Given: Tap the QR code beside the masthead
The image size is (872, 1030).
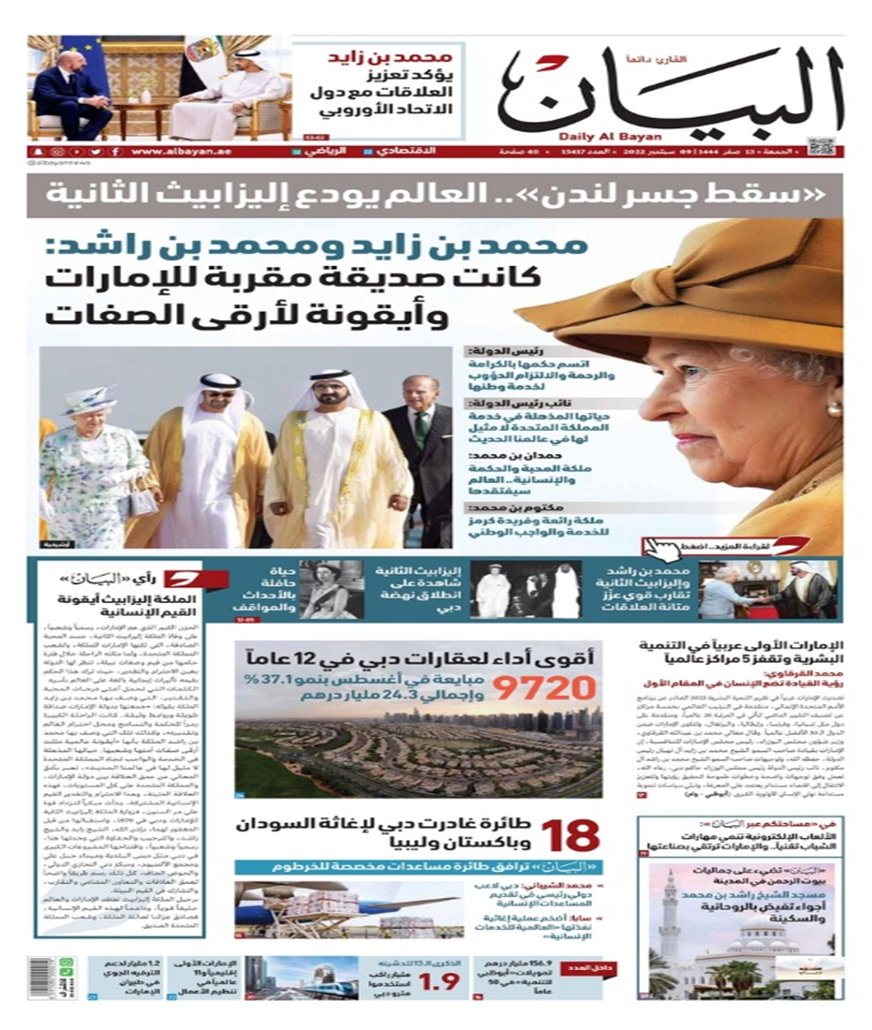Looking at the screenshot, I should click(820, 147).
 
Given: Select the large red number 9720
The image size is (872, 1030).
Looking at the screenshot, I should click(544, 690).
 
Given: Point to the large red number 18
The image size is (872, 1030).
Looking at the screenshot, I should click(571, 834).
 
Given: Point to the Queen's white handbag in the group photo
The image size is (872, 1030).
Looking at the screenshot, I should click(142, 502).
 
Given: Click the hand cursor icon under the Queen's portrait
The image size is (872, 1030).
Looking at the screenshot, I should click(657, 548).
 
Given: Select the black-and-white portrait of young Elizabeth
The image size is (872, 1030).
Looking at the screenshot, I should click(332, 590).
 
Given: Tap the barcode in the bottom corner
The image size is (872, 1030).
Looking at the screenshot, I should click(42, 978).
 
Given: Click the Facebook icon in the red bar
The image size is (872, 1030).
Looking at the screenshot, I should click(114, 152).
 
